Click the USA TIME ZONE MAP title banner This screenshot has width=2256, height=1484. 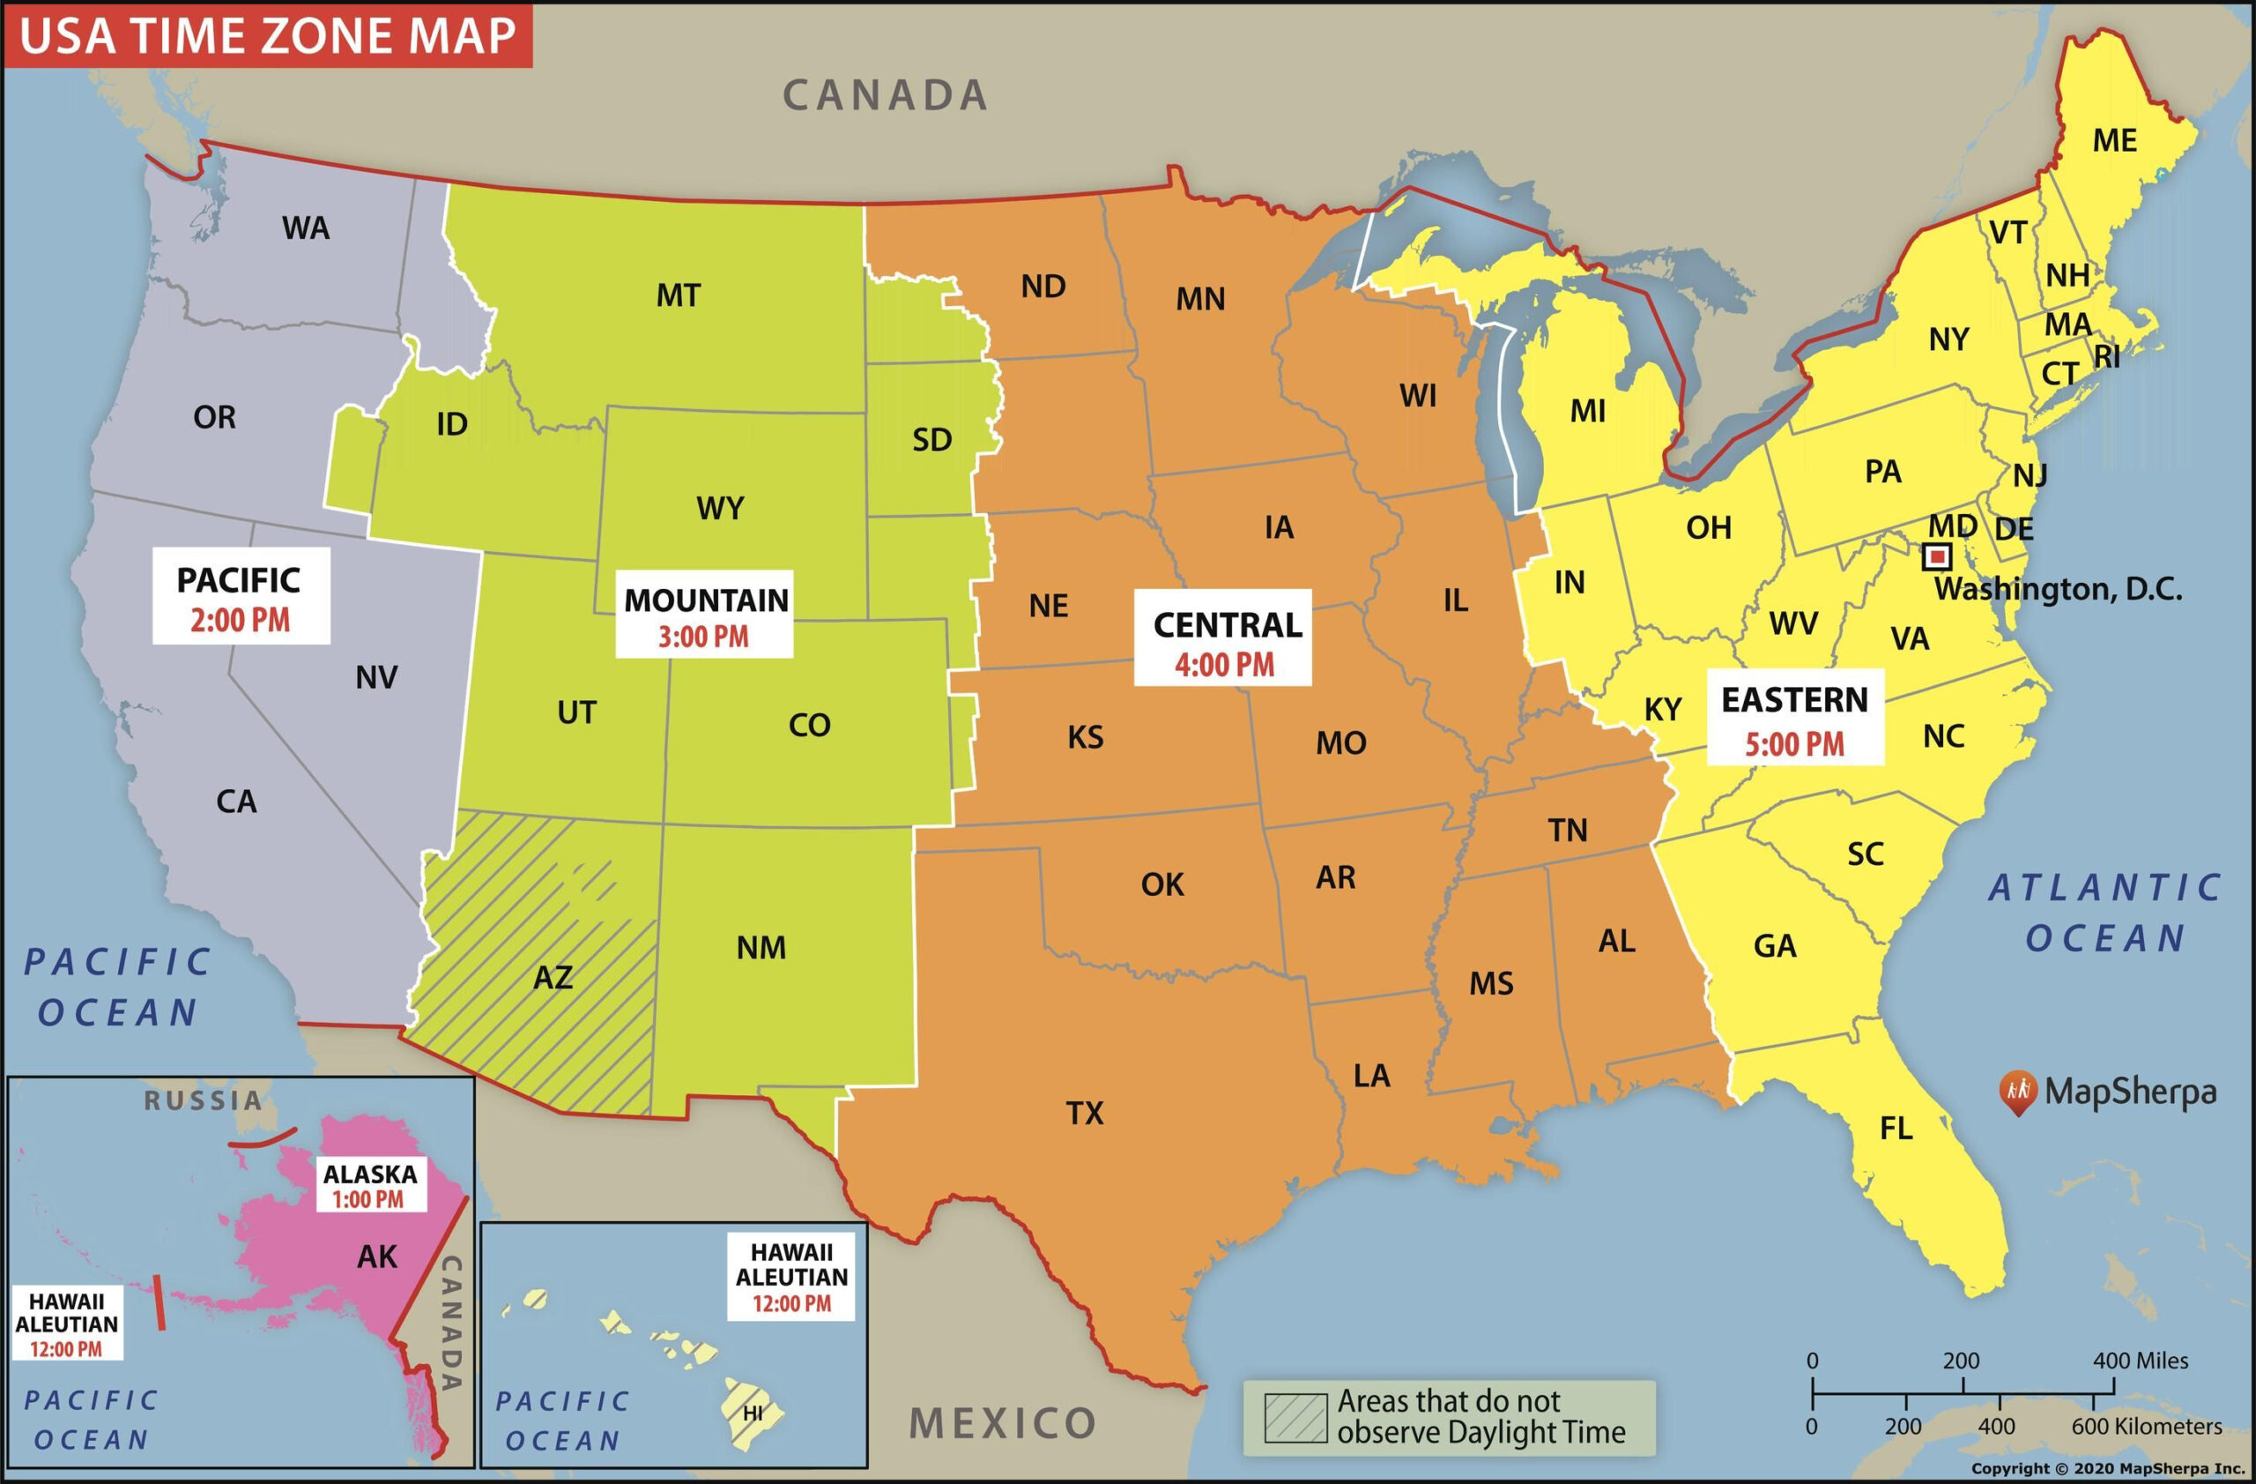click(x=267, y=36)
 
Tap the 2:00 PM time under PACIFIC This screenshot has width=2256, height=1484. click(x=240, y=621)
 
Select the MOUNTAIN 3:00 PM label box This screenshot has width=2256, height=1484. click(x=704, y=615)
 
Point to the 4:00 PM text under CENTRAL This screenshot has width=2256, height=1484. click(x=1224, y=665)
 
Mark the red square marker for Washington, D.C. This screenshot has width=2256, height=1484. click(x=1938, y=556)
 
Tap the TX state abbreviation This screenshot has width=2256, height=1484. click(x=1085, y=1112)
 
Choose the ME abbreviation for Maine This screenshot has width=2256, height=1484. click(x=2114, y=140)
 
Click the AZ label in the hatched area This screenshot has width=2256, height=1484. click(x=553, y=978)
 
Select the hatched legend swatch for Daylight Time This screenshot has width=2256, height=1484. click(x=1295, y=1418)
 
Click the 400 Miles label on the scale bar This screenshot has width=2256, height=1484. click(x=2140, y=1361)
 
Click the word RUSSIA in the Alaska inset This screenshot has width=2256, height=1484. click(x=203, y=1101)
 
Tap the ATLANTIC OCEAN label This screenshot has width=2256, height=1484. click(x=2104, y=913)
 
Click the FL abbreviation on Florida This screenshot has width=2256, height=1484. click(x=1896, y=1129)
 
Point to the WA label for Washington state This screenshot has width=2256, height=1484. click(x=305, y=228)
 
